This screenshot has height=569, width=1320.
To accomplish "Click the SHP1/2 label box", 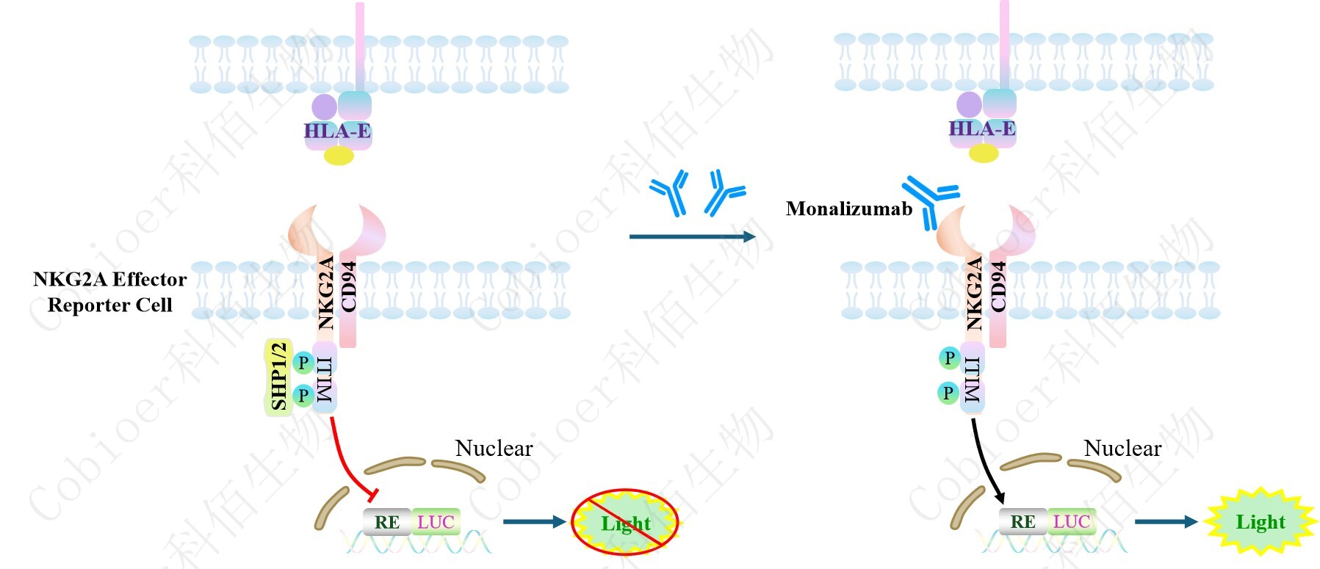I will point(278,377).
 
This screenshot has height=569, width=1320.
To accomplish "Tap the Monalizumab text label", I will point(848,209).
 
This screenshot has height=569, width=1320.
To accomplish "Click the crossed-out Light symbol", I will point(626,523).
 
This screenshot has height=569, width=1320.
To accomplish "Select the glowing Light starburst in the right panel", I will point(1261,522).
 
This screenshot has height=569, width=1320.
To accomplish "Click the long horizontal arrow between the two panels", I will point(691,236).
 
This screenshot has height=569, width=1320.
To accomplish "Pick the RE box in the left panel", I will point(387,522).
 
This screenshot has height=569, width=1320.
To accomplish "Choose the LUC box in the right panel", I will point(1072,521).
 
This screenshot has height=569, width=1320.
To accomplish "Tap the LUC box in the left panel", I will point(436,522).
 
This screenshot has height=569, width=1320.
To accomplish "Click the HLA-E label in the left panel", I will point(337,131).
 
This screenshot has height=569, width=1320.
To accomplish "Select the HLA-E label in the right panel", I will point(982,129).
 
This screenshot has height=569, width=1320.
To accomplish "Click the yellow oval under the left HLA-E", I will point(339,155).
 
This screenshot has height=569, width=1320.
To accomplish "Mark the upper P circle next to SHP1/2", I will point(303,362).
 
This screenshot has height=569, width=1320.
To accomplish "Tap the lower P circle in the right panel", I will point(948,393).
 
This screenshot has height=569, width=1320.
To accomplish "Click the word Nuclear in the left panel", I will point(494,448).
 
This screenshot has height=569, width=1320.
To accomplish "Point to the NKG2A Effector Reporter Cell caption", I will point(110,291).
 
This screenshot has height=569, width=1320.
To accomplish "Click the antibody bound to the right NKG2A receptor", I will point(929,199).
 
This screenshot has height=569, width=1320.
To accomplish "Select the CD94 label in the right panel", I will point(998,286).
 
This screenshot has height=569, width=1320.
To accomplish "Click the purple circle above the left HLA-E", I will point(324,107).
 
